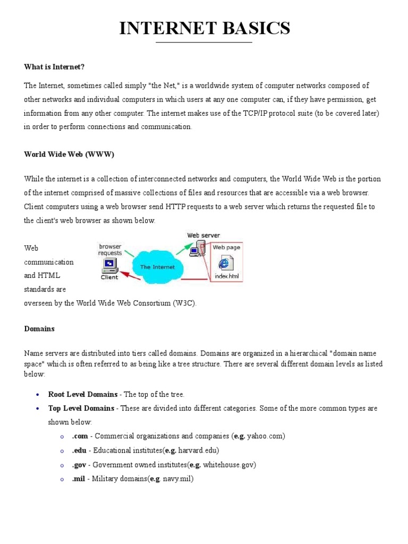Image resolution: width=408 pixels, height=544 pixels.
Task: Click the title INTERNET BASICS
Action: (x=205, y=28)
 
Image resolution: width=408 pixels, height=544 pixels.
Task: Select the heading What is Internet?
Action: (x=54, y=66)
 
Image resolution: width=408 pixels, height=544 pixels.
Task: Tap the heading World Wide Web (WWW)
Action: (x=69, y=154)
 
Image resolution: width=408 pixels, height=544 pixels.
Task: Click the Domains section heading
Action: (x=39, y=329)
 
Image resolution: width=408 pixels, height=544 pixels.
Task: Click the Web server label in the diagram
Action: (x=203, y=235)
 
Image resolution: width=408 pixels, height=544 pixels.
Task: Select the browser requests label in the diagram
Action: (x=110, y=250)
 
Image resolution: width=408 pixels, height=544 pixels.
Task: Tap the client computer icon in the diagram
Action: (x=109, y=264)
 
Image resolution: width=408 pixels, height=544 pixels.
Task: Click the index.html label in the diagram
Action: (x=227, y=276)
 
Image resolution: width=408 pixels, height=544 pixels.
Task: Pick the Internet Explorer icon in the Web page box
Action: (x=226, y=262)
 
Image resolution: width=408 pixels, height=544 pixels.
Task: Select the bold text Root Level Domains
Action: (x=83, y=394)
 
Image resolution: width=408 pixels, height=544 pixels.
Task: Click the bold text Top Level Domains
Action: (x=81, y=408)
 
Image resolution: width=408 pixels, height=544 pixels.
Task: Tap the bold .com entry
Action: (x=80, y=436)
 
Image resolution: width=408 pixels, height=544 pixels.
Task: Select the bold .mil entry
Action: (x=79, y=479)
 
